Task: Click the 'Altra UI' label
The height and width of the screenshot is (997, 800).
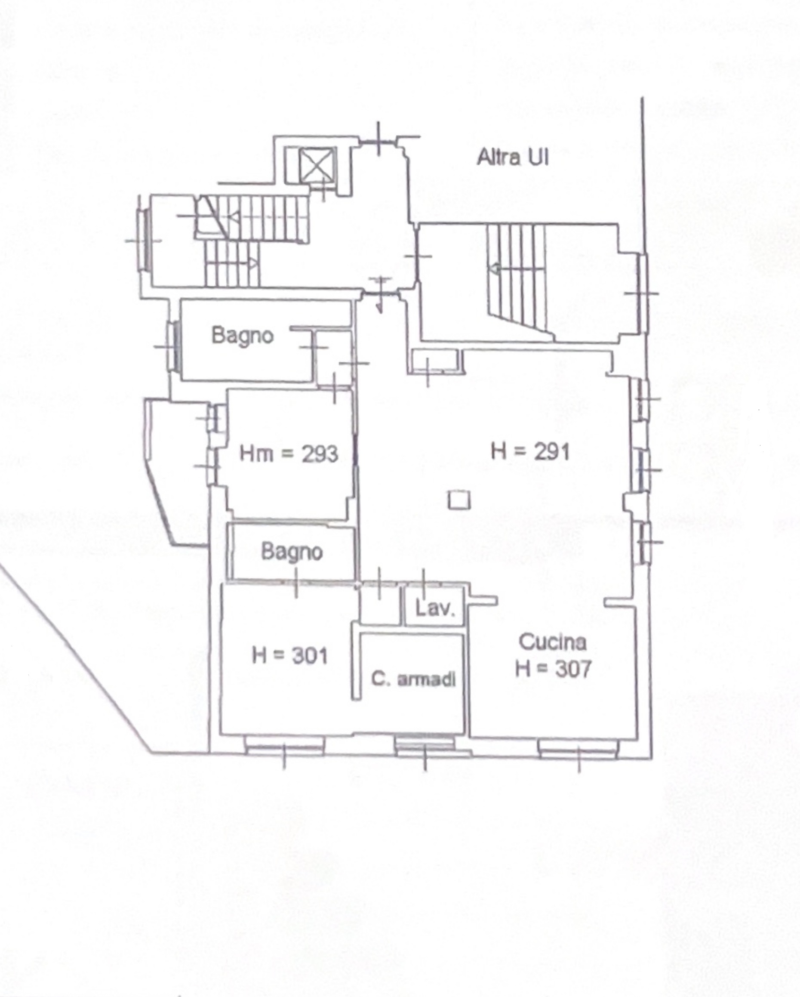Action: tap(513, 157)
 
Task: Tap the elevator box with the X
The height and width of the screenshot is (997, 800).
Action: tap(316, 165)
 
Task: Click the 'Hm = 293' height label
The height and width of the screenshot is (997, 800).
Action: tap(289, 454)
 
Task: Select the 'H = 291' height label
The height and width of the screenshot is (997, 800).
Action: tap(530, 451)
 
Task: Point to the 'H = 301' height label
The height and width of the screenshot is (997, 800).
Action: tap(290, 655)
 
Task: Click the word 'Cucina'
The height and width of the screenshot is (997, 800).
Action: tap(552, 642)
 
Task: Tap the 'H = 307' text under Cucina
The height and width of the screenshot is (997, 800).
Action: tap(553, 669)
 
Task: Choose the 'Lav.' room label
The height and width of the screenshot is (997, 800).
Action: tap(435, 608)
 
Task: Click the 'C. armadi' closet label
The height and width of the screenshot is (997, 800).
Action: tap(413, 679)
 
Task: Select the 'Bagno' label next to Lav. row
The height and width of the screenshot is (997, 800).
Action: tap(292, 552)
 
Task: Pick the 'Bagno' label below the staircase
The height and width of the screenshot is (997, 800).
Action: tap(243, 335)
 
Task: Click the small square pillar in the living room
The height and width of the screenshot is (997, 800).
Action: tap(459, 500)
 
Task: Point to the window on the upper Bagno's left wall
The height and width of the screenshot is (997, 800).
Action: tap(174, 346)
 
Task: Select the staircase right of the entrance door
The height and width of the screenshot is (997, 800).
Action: tap(517, 277)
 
